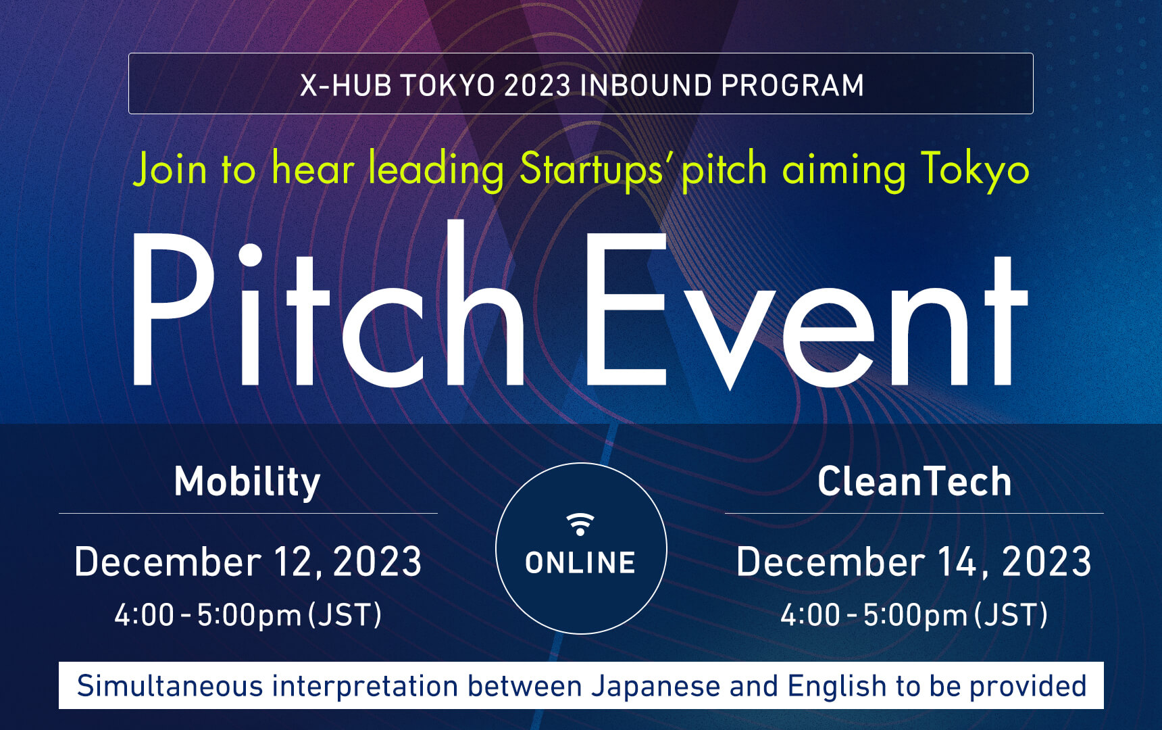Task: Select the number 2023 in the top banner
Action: pos(537,86)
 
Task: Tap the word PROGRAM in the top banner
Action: pos(792,86)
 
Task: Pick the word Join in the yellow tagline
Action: pos(170,169)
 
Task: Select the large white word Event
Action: pos(807,311)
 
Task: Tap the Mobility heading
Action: pos(247,482)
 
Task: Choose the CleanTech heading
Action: pos(914,481)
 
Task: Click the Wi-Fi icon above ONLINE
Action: pos(580,524)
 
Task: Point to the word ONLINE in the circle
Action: pos(580,562)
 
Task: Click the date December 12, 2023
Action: pos(248,562)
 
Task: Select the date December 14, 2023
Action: pos(914,562)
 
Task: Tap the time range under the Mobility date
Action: pos(248,615)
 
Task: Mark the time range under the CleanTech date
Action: pos(914,615)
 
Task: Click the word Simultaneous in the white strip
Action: pos(170,686)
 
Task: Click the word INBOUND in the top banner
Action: pos(646,86)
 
